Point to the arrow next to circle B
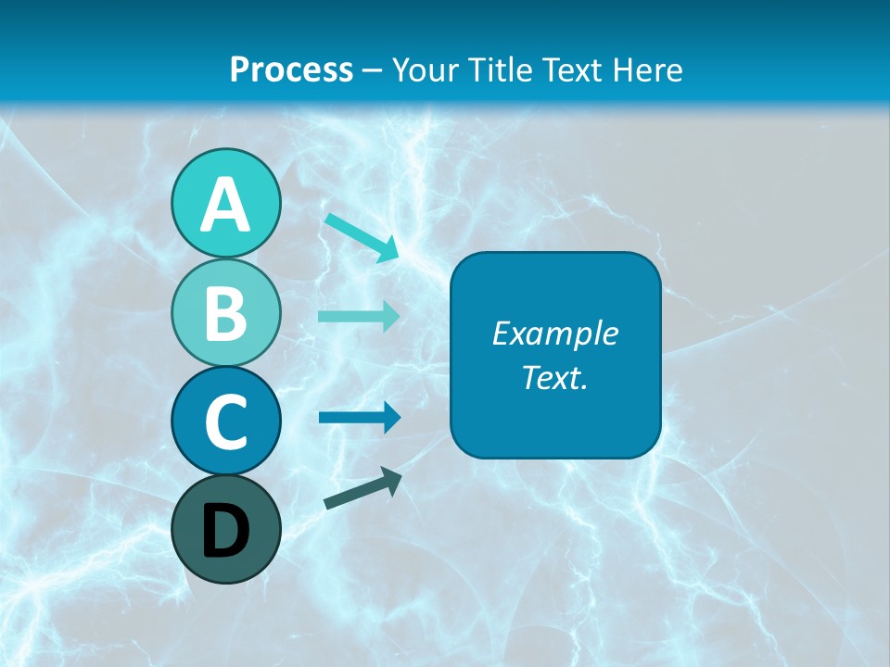359,317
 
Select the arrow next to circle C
359,418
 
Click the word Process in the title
291,70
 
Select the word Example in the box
554,334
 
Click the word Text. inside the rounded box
554,377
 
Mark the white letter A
225,205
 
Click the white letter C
225,422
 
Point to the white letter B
225,314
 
